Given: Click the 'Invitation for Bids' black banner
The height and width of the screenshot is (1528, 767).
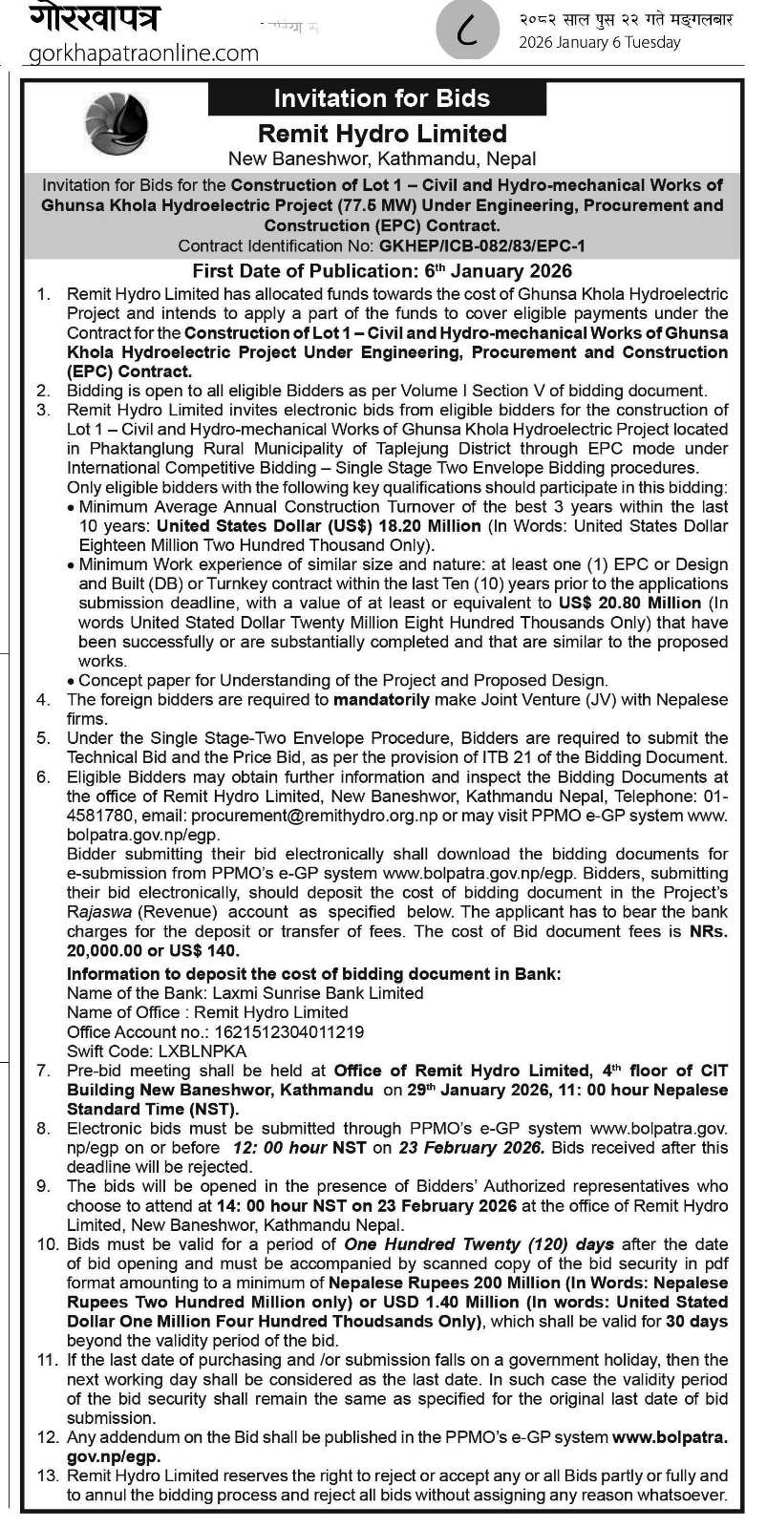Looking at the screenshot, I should point(381,98).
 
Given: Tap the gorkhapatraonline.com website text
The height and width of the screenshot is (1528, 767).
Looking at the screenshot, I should point(144,53).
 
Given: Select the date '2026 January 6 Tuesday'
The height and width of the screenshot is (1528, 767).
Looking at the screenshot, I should point(600,43).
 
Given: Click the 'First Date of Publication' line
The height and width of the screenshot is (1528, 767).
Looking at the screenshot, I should point(382,270).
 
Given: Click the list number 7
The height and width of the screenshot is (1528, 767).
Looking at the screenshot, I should point(44,1071).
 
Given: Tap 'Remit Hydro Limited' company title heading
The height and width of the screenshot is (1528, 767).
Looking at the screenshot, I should point(382,134).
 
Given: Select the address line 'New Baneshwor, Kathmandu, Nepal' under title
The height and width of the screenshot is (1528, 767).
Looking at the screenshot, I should point(382,159).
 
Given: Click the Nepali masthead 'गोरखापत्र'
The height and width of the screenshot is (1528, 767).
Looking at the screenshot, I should point(94,17).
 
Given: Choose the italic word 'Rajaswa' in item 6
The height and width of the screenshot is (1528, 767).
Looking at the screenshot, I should point(97,912).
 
